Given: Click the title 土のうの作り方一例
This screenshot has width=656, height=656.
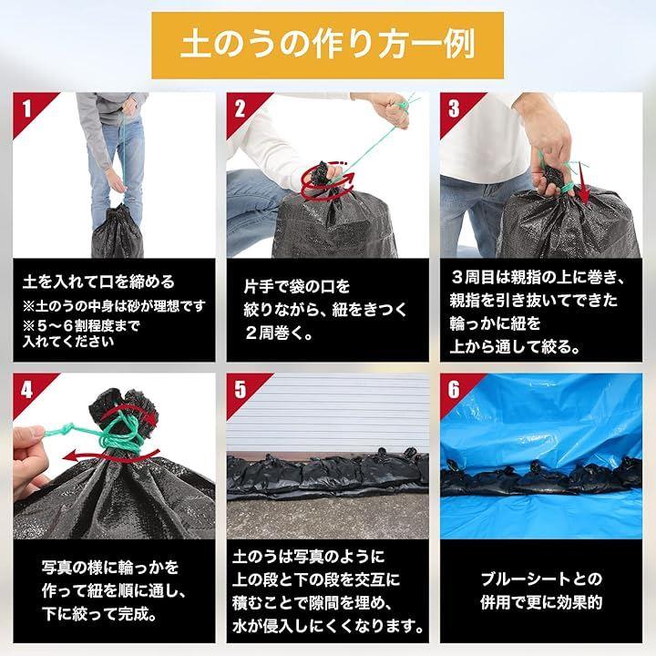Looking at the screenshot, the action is coord(328,46).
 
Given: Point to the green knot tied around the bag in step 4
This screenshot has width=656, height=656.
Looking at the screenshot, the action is coord(121,436).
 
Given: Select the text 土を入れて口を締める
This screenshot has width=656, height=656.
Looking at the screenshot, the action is coord(98,282).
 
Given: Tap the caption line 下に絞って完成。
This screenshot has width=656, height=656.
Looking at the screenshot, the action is coord(100,614).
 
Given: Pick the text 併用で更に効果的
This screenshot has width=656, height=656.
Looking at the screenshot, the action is coord(541,602).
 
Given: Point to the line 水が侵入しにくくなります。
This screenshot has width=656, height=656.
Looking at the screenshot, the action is coord(328,626).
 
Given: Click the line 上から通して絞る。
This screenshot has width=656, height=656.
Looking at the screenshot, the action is coord(515,346).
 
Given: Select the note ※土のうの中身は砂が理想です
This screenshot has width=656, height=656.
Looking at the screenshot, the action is coord(114,306).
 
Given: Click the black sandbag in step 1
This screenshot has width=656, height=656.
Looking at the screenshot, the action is coord(118,231).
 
